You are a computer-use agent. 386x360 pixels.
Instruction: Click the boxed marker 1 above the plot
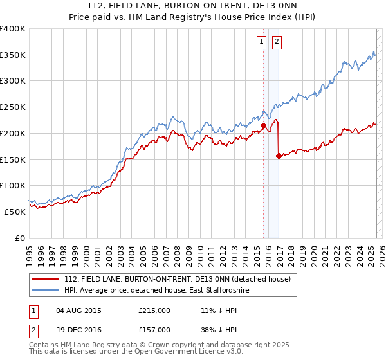tap(262, 42)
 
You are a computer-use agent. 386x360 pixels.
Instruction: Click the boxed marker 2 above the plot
tap(277, 42)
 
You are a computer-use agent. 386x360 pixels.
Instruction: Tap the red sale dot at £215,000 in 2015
tap(263, 125)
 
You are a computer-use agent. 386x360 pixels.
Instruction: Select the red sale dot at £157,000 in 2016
tap(279, 156)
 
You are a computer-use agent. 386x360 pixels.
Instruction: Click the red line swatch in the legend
tap(46, 279)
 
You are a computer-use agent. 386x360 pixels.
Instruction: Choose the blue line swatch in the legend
tap(46, 291)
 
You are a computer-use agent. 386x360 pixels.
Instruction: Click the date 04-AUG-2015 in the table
tap(78, 310)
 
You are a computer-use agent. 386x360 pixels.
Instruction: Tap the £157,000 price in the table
tap(154, 330)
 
